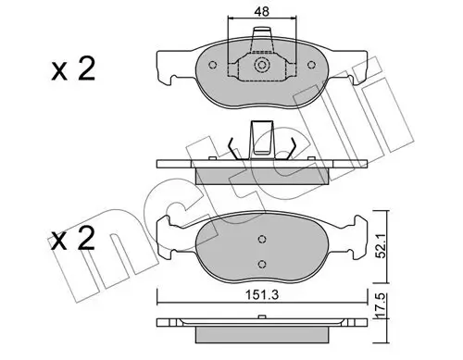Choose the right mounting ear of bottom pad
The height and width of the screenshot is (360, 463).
coord(355,228)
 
